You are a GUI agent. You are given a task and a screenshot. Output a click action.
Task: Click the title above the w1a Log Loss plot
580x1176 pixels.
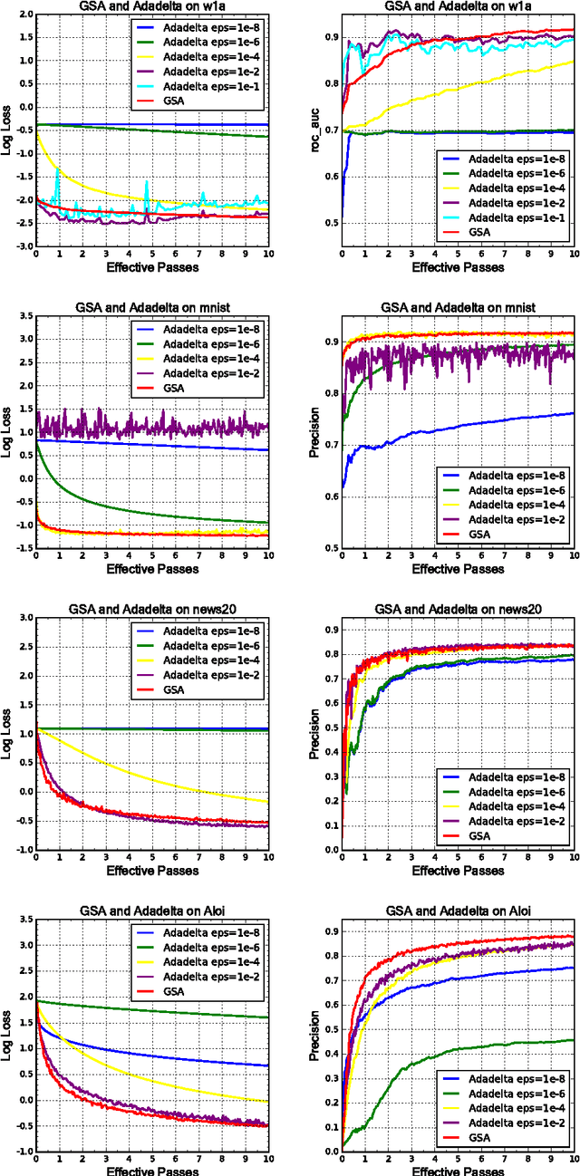[152, 6]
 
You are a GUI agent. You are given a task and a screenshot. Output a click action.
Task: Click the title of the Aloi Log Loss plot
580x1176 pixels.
[152, 909]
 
